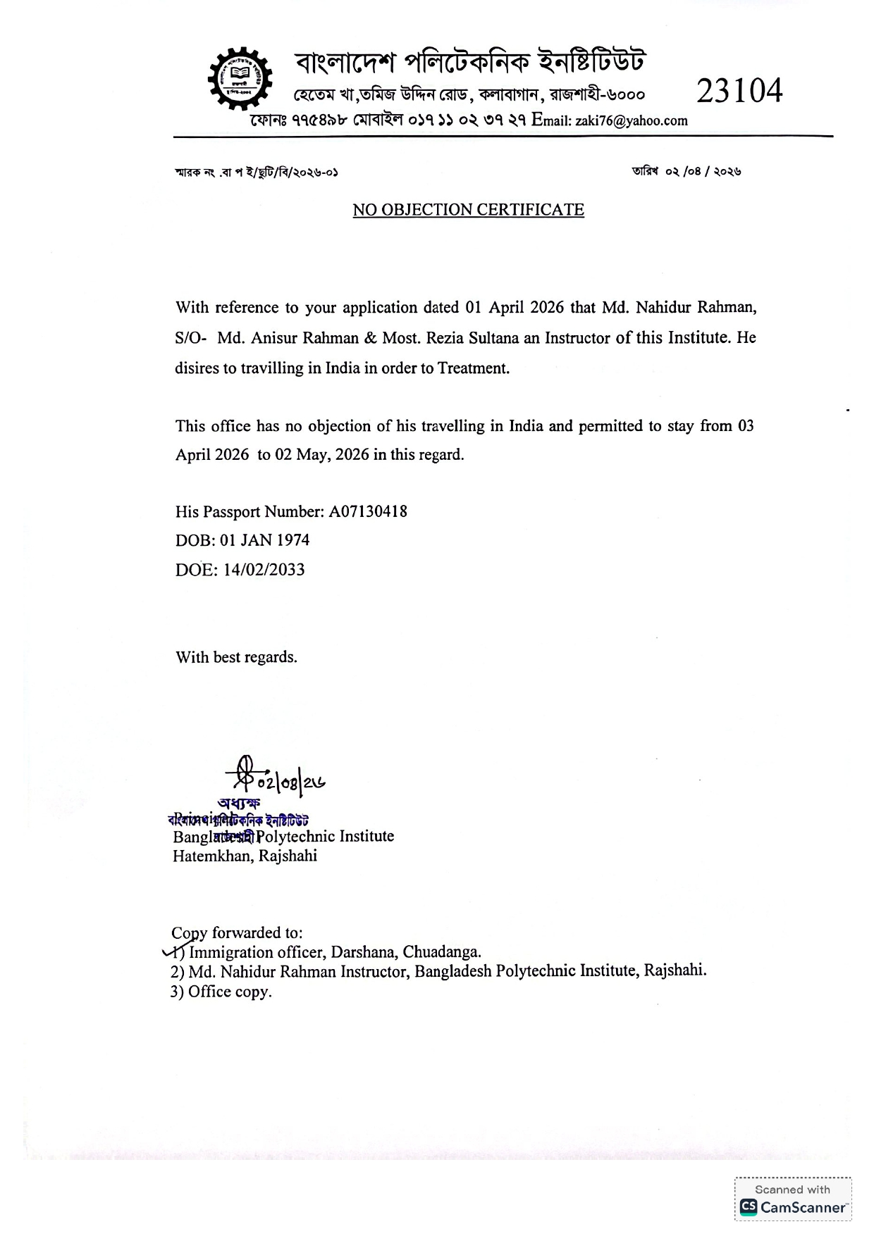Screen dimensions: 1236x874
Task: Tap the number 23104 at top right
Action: [x=739, y=91]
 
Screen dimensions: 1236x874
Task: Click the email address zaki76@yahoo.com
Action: [x=631, y=120]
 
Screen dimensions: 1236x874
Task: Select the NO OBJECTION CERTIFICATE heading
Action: [x=468, y=210]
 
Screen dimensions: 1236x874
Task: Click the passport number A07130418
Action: [x=368, y=511]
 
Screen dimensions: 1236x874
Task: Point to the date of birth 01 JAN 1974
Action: [x=264, y=540]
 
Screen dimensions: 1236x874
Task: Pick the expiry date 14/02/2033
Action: [x=264, y=570]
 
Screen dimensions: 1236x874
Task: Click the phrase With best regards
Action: [x=236, y=657]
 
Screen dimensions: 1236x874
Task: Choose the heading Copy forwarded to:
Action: [x=237, y=932]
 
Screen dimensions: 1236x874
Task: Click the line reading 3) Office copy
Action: [x=221, y=991]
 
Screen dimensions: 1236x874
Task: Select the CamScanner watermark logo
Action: [x=792, y=1206]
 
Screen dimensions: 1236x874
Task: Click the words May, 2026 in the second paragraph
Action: [x=332, y=454]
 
